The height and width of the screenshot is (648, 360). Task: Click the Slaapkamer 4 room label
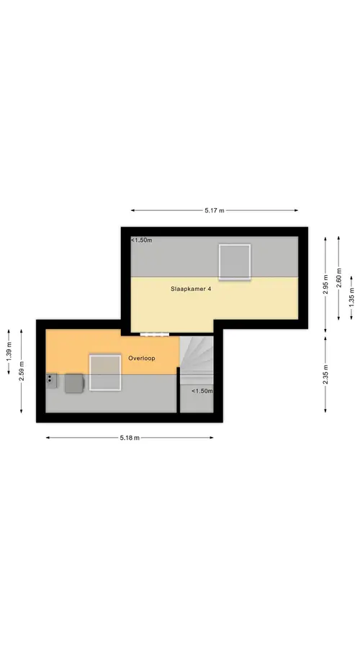(191, 289)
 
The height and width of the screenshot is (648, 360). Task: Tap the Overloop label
(142, 359)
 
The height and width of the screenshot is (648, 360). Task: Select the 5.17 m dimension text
(215, 210)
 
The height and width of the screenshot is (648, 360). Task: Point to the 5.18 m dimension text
(130, 438)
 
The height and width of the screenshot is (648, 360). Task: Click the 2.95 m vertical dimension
(325, 284)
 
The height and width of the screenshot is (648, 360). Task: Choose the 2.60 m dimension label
(339, 278)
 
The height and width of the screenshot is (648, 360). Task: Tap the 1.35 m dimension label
(352, 297)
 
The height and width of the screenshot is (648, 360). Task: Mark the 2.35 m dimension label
(325, 374)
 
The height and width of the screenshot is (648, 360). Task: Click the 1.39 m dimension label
(9, 352)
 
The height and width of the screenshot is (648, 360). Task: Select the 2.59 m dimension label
(22, 371)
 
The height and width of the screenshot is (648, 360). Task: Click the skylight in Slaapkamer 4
(235, 262)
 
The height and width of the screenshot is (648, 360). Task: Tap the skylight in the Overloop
(105, 372)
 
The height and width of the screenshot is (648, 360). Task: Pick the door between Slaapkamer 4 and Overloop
(155, 334)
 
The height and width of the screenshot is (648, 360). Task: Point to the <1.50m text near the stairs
(202, 391)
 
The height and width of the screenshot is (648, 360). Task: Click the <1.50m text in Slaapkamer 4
(142, 240)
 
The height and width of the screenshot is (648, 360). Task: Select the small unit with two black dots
(51, 380)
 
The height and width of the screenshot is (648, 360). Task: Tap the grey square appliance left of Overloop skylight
(74, 383)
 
